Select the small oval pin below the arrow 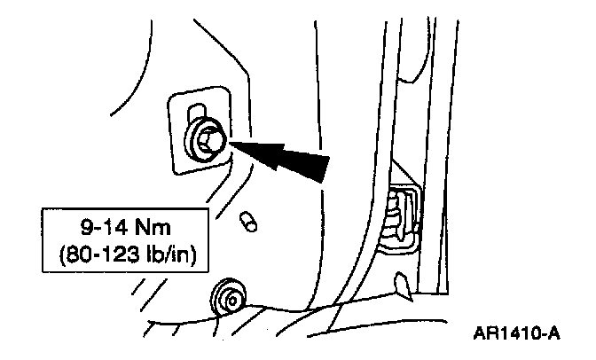[249, 221]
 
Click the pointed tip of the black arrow [232, 139]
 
